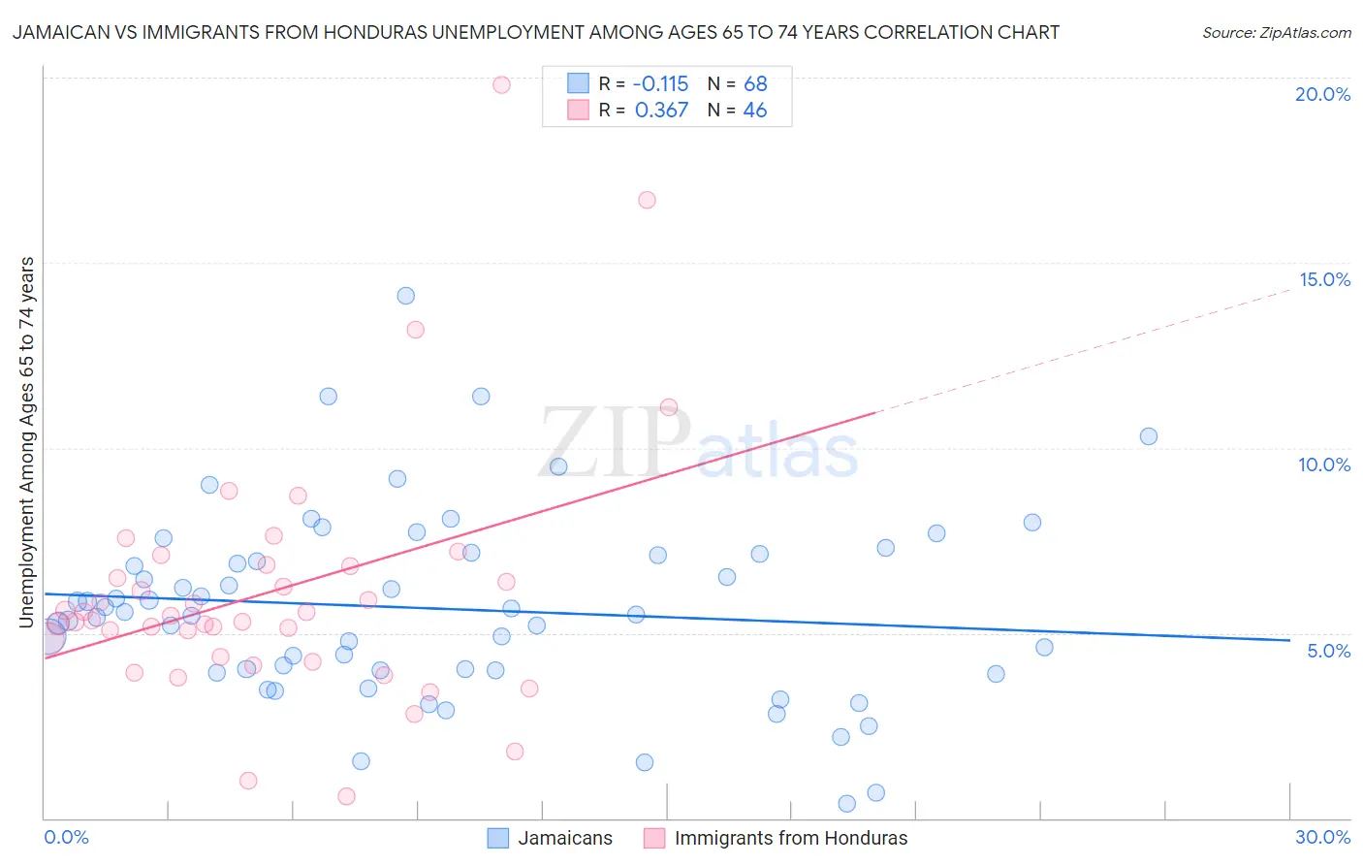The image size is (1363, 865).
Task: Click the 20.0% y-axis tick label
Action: tap(1322, 94)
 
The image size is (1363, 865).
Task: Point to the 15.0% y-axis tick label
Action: tap(1324, 279)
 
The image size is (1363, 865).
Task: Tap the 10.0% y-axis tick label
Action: tap(1324, 465)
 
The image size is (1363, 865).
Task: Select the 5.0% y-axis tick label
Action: tap(1328, 651)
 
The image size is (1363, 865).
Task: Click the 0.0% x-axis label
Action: tap(66, 837)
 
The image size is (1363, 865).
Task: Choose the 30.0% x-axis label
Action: tap(1322, 837)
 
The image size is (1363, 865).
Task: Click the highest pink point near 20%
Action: tap(501, 84)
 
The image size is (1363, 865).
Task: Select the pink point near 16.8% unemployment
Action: tap(647, 200)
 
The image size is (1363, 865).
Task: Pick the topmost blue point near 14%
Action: tap(406, 296)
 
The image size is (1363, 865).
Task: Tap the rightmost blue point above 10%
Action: tap(1149, 436)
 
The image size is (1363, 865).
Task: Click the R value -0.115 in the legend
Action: tap(660, 83)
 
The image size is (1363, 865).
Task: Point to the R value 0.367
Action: tap(661, 111)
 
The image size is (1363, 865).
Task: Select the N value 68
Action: tap(755, 83)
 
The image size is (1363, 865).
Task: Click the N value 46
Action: tap(754, 111)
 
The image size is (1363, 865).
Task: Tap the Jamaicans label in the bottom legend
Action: tap(565, 838)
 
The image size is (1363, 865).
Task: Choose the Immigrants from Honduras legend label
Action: tap(791, 838)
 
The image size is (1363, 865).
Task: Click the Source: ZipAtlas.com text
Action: tap(1276, 33)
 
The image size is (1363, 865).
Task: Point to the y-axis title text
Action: tap(27, 442)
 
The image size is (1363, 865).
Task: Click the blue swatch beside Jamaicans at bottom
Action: tap(498, 838)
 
